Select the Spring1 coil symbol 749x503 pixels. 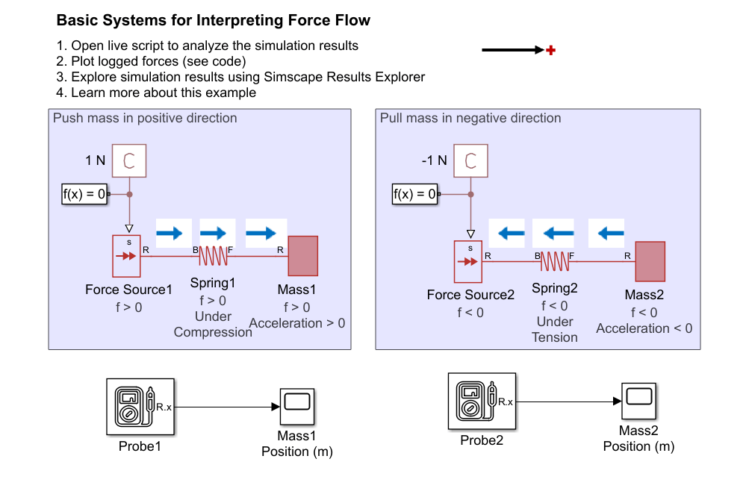[x=213, y=256]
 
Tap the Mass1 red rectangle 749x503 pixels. [x=302, y=256]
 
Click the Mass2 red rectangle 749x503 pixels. [x=650, y=261]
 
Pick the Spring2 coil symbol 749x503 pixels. [x=554, y=261]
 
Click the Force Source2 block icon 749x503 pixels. [x=469, y=262]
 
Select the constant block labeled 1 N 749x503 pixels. [x=128, y=160]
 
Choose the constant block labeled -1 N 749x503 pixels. [x=470, y=160]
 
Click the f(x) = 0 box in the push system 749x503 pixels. [x=84, y=195]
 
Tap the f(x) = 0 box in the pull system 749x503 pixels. [x=415, y=195]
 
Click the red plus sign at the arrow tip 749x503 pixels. [x=551, y=51]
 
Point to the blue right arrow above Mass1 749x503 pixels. [x=266, y=234]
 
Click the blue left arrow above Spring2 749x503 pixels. [x=554, y=234]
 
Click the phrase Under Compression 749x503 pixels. [x=213, y=324]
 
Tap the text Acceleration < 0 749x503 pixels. [x=644, y=328]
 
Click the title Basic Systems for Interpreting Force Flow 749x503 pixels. [x=214, y=21]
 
